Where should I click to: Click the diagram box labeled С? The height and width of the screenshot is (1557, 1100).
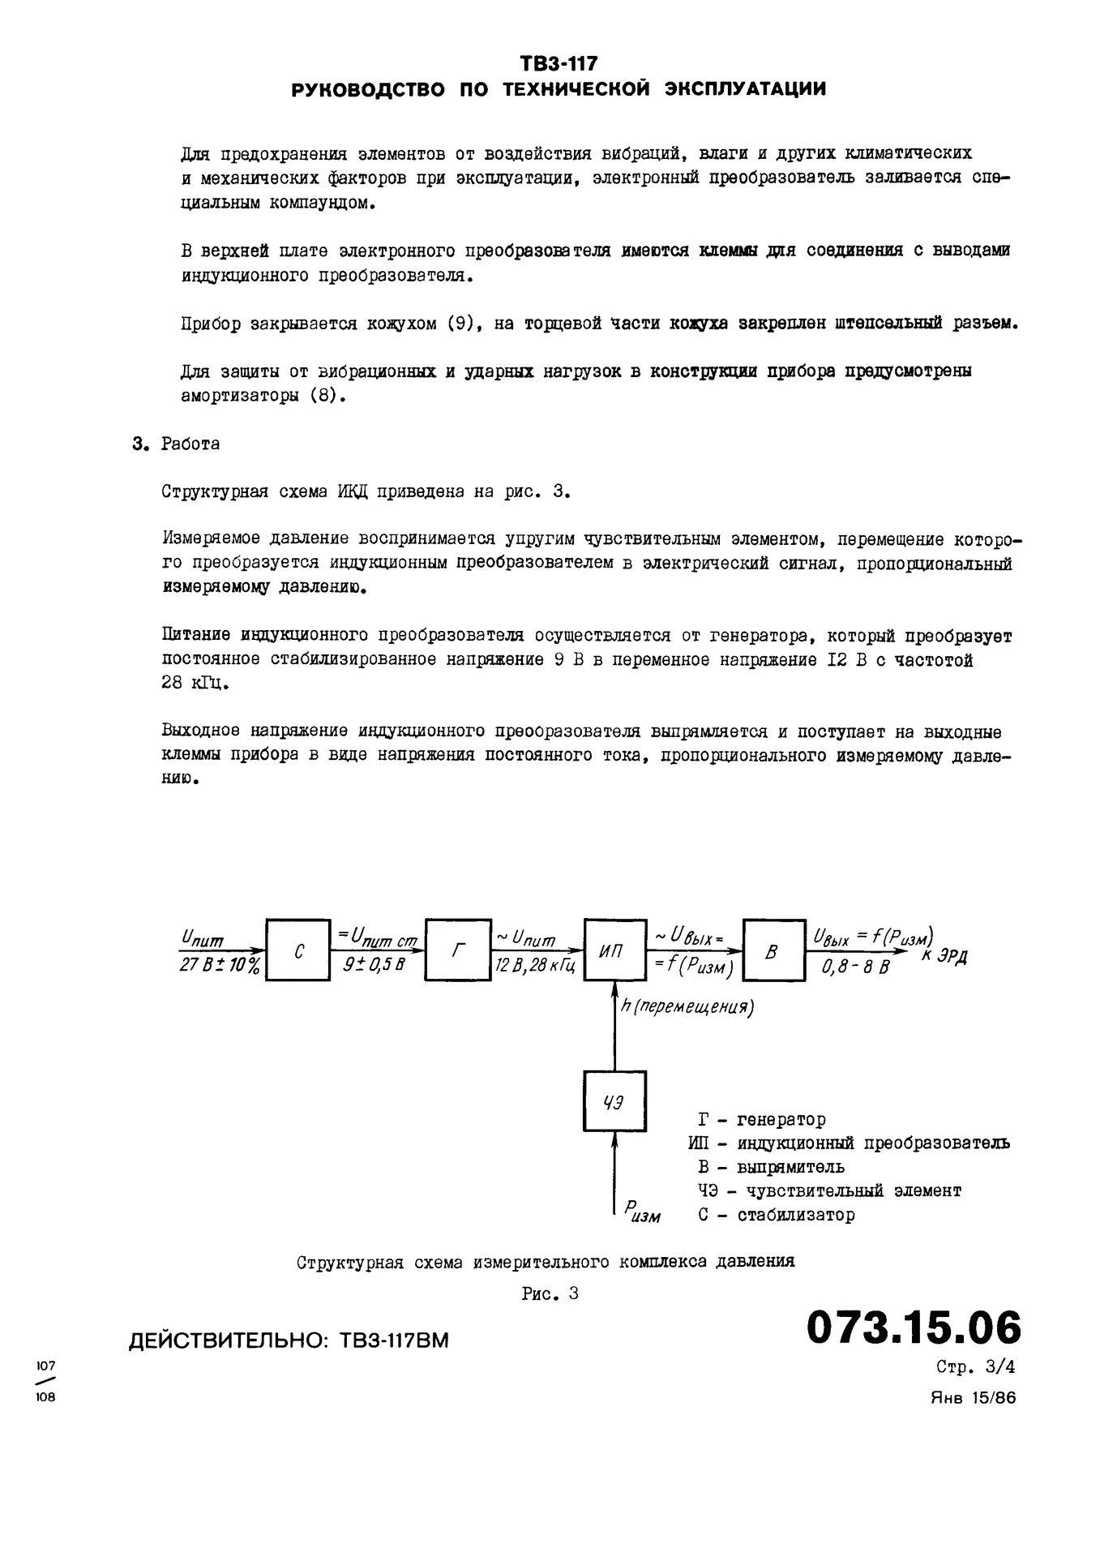(x=298, y=950)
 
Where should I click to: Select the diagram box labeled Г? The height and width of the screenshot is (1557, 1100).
(x=459, y=950)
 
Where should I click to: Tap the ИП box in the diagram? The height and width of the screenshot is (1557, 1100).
(x=614, y=950)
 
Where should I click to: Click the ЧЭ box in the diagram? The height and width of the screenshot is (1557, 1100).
(x=614, y=1101)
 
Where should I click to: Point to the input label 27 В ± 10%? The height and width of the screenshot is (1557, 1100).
(x=220, y=967)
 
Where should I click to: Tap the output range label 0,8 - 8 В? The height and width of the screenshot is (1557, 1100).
(x=855, y=967)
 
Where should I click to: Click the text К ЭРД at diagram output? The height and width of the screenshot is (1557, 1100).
(x=944, y=956)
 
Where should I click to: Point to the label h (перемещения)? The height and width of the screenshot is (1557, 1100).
(x=687, y=1007)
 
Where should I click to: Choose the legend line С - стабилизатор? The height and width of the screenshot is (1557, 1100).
(x=776, y=1215)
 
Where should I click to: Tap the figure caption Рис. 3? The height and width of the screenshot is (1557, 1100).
(x=550, y=1293)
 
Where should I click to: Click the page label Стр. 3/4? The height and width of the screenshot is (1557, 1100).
(x=975, y=1367)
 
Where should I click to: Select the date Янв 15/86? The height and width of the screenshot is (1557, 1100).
(x=972, y=1397)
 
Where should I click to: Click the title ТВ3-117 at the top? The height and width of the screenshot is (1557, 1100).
(x=559, y=63)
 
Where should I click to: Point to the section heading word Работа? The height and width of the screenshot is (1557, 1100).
(x=190, y=444)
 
